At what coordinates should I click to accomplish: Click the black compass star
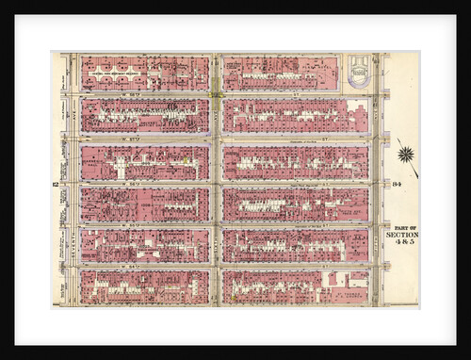click(x=406, y=154)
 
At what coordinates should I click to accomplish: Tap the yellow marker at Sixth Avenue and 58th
click(x=217, y=93)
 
